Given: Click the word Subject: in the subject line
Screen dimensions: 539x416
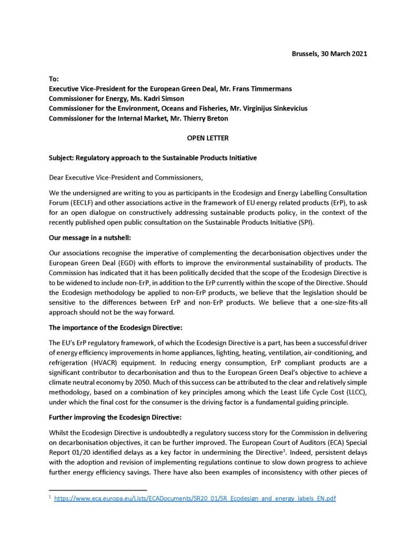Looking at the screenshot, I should click(x=62, y=158).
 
